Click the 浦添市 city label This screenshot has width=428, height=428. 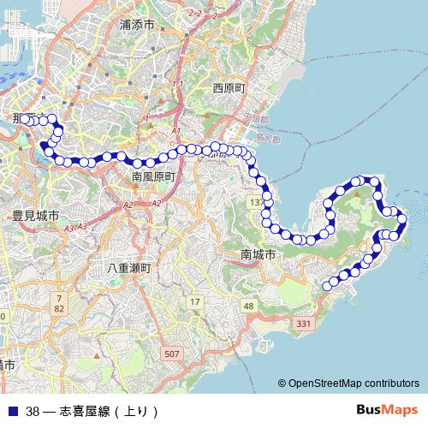pyautogui.click(x=138, y=27)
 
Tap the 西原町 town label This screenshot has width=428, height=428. pyautogui.click(x=229, y=88)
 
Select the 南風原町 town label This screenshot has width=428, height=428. pyautogui.click(x=153, y=176)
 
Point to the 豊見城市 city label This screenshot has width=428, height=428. pyautogui.click(x=35, y=216)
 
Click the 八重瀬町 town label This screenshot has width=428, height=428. pyautogui.click(x=128, y=268)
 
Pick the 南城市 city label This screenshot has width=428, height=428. pyautogui.click(x=258, y=255)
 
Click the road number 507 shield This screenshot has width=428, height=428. pyautogui.click(x=172, y=354)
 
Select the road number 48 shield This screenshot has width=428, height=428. pyautogui.click(x=248, y=306)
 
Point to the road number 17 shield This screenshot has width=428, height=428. pyautogui.click(x=195, y=301)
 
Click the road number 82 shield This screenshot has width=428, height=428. pyautogui.click(x=59, y=307)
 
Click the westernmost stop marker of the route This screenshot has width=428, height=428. pyautogui.click(x=26, y=120)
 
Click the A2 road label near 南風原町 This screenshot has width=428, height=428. pyautogui.click(x=128, y=205)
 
